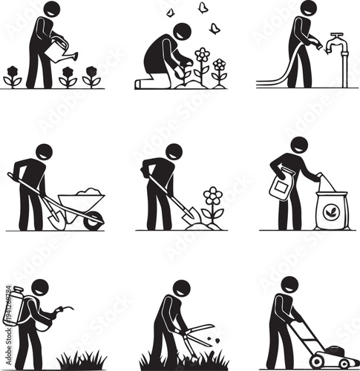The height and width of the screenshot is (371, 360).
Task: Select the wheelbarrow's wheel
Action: pyautogui.click(x=93, y=220)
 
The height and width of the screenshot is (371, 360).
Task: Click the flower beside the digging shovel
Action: pyautogui.click(x=213, y=197)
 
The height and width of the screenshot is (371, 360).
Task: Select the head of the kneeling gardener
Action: pyautogui.click(x=180, y=33)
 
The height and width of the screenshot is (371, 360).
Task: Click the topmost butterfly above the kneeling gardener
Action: pyautogui.click(x=202, y=7)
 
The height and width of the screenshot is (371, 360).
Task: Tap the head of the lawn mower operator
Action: pyautogui.click(x=289, y=285)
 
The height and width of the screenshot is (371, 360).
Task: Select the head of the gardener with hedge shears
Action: pyautogui.click(x=180, y=289)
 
